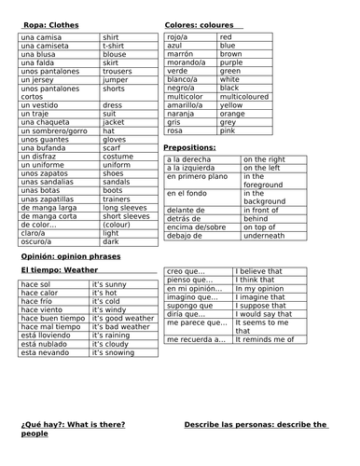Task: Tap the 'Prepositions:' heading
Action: click(x=189, y=147)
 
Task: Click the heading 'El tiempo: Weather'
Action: click(x=58, y=268)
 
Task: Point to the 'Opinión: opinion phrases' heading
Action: click(x=70, y=254)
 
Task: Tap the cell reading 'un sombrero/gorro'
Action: click(x=54, y=130)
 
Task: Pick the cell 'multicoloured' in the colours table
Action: click(x=243, y=96)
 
